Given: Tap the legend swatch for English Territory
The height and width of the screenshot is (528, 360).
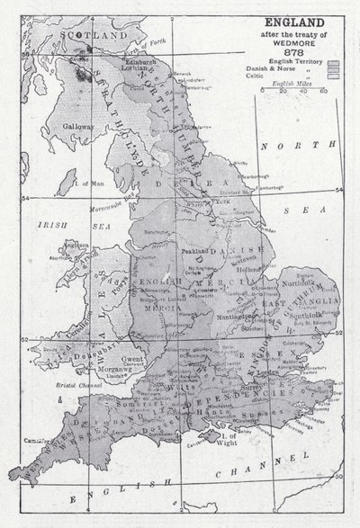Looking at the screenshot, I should coord(335,65).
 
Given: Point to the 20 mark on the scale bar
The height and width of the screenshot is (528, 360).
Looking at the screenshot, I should coord(283,91).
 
